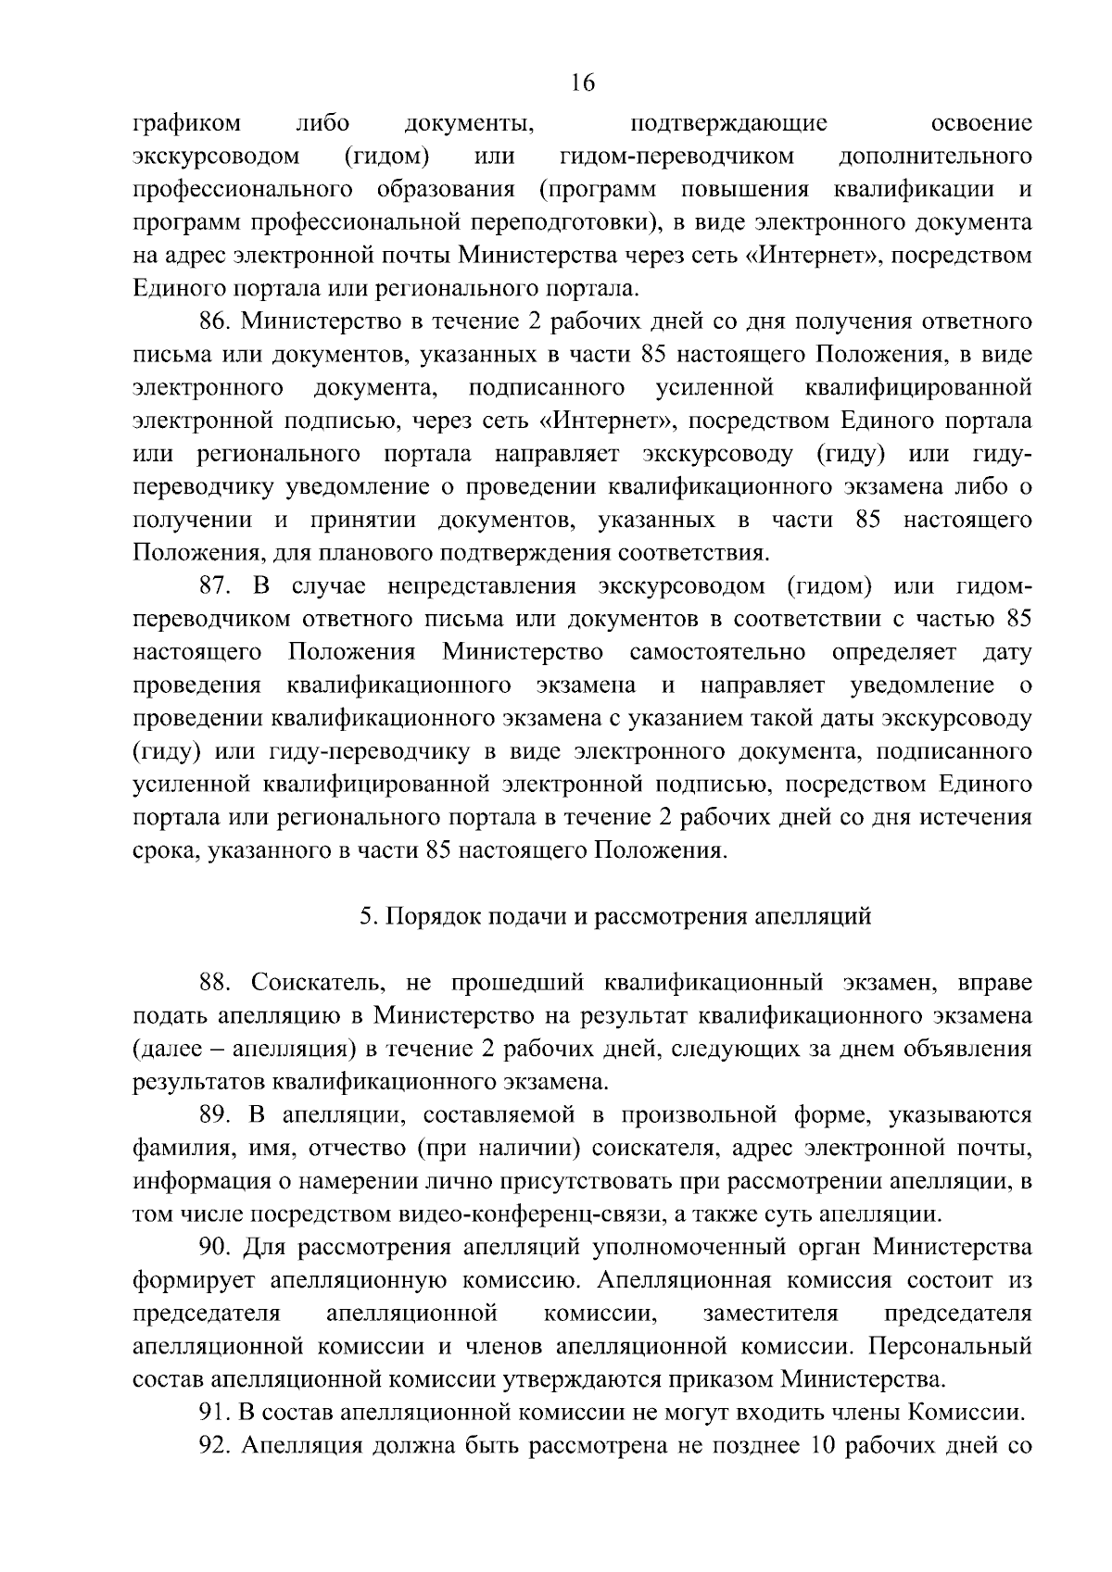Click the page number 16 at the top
582,83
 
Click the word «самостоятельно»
717,652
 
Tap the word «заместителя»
771,1314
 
